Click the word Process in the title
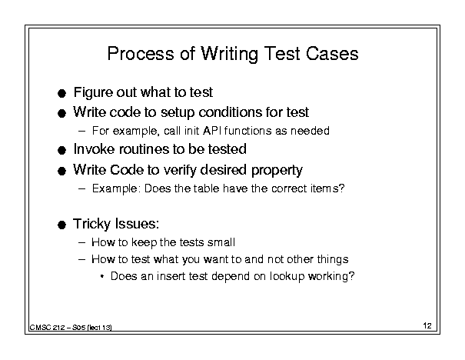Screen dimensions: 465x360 coord(141,53)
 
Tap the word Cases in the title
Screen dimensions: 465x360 coord(332,53)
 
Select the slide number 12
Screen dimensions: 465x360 coord(427,325)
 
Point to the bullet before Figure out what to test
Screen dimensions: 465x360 coord(61,94)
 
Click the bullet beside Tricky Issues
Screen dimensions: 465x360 coord(61,225)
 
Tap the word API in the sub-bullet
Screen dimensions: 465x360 coord(212,131)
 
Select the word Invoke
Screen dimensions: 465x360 coord(95,149)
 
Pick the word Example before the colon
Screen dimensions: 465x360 coord(115,188)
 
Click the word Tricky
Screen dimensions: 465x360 coord(91,224)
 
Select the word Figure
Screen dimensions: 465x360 coord(93,92)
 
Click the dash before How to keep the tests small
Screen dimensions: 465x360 coord(82,242)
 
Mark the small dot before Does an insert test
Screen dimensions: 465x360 coord(102,277)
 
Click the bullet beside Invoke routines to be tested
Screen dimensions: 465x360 coord(61,151)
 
